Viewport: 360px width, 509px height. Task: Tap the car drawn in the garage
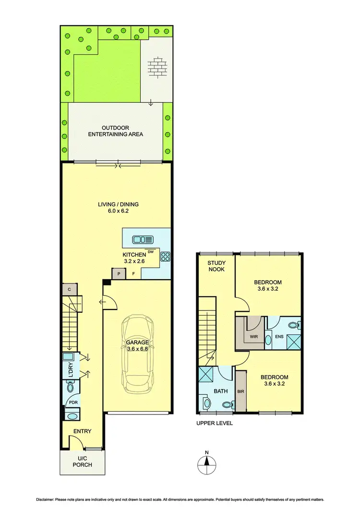137,353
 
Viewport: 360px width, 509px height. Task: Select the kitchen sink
143,239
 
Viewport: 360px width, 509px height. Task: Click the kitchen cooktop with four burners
166,256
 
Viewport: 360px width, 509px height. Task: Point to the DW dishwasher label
151,252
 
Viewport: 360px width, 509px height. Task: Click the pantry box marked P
118,273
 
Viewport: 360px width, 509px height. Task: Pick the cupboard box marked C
70,289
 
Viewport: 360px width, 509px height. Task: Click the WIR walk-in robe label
254,337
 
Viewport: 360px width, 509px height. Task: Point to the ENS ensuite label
279,337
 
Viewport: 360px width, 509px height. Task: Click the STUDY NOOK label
216,267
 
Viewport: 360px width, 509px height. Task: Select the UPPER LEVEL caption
215,424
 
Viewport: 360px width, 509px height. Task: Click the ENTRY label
82,431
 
